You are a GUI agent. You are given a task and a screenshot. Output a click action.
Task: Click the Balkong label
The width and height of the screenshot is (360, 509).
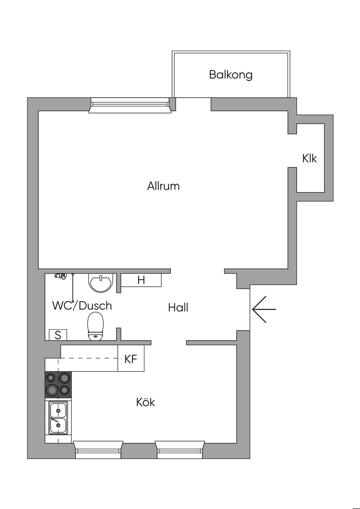tap(231, 75)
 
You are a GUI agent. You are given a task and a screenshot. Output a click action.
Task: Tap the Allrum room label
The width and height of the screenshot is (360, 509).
tap(163, 186)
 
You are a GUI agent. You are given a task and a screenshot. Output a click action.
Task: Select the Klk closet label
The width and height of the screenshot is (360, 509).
tap(309, 158)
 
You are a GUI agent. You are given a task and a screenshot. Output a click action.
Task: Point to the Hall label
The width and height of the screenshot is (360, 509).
tap(178, 308)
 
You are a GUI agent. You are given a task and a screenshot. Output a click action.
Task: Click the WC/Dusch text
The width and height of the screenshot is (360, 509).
tap(82, 305)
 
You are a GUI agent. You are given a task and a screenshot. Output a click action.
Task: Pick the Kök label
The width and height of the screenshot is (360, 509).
tap(146, 402)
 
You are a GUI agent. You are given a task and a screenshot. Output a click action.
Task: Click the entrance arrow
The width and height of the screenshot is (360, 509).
tap(264, 309)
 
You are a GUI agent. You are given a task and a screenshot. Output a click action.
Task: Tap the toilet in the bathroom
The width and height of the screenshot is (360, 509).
tap(96, 326)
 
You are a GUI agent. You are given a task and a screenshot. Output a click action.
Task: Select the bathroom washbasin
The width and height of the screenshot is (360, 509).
tap(100, 283)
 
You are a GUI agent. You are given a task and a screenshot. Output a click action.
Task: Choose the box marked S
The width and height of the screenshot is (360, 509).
tap(58, 335)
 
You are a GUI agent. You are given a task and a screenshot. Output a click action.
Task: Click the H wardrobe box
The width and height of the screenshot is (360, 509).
tap(141, 280)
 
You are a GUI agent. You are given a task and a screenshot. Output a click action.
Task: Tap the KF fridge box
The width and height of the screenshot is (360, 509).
tap(131, 358)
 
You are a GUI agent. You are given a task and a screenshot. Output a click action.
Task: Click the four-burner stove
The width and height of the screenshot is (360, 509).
tap(58, 385)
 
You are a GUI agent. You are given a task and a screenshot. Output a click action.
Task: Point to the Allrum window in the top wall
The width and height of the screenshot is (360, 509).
tap(130, 105)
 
